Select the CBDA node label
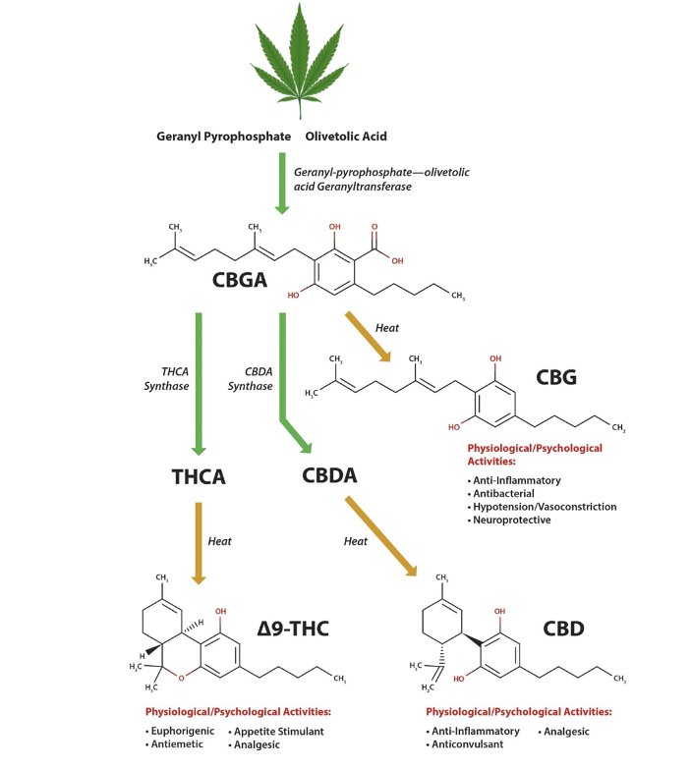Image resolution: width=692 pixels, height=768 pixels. [328, 475]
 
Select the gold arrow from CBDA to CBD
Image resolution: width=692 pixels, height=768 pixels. [380, 539]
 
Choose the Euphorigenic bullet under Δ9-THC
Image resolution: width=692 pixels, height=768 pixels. [184, 731]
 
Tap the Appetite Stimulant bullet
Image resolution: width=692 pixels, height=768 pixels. [278, 731]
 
